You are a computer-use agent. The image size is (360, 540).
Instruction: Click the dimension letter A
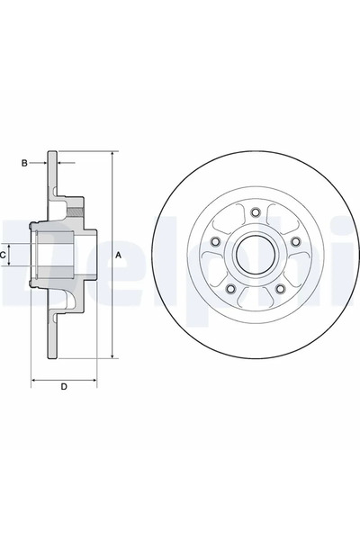(118, 256)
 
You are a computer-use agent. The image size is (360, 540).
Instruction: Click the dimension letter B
(26, 163)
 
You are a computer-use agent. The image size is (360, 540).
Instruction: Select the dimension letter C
(4, 256)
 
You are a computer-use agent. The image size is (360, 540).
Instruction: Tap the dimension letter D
(63, 388)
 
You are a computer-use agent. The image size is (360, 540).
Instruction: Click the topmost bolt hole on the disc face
(255, 211)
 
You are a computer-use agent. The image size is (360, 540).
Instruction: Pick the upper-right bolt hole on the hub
(295, 241)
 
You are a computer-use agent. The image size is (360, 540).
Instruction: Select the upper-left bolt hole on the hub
(214, 241)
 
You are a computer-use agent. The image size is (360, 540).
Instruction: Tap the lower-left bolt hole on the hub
(229, 289)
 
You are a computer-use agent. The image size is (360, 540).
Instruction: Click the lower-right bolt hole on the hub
(280, 289)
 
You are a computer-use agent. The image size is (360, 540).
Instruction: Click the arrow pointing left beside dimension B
(66, 163)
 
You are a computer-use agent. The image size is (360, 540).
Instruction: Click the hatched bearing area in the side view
(81, 212)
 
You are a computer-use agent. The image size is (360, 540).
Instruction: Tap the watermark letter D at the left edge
(10, 256)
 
